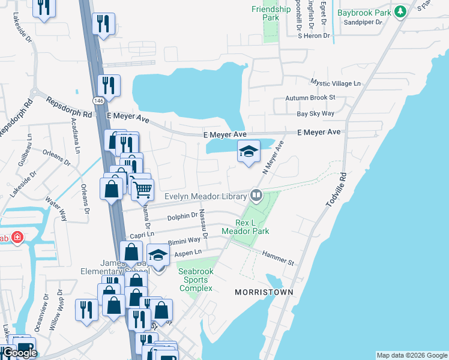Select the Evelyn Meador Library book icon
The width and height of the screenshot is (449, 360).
click(256, 194)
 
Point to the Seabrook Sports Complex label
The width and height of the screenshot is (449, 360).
click(196, 280)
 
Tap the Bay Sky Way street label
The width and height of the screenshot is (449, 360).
click(315, 113)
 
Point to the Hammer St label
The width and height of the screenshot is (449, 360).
click(277, 259)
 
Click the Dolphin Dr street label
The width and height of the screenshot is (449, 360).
click(182, 216)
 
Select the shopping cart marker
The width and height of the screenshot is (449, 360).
click(142, 190)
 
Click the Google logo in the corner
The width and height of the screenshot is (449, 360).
click(19, 352)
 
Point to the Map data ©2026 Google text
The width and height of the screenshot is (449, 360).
click(411, 355)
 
